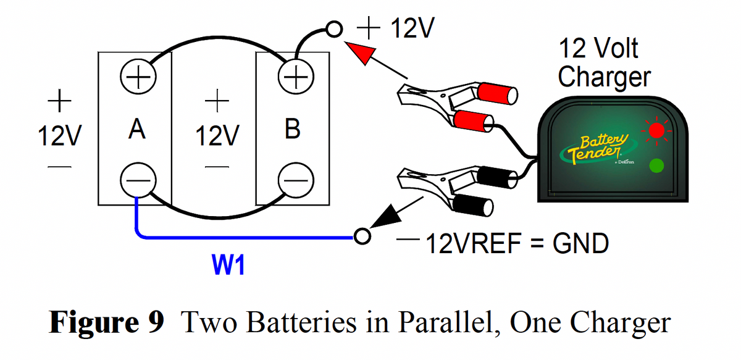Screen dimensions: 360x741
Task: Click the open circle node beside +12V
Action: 334,29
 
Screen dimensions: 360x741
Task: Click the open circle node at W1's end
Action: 362,235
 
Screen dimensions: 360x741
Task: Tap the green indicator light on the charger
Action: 656,165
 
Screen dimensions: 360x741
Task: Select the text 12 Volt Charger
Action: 603,63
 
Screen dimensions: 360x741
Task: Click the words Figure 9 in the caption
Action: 106,322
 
